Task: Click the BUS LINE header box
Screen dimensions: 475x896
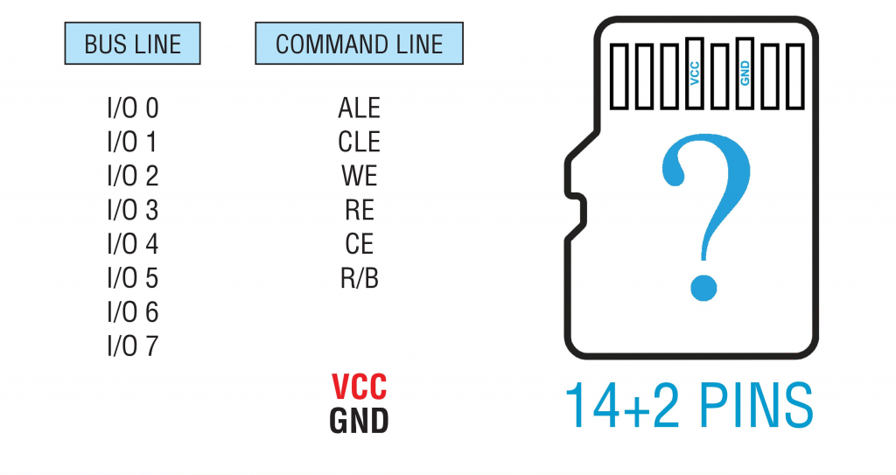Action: (133, 44)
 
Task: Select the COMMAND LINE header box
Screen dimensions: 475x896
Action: (359, 44)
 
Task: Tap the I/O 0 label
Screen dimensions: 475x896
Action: (133, 108)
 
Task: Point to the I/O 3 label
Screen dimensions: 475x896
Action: (133, 210)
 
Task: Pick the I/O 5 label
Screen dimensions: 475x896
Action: (133, 278)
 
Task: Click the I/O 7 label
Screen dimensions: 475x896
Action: (133, 346)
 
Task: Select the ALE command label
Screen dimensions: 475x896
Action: (359, 108)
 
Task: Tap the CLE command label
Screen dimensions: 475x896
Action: (359, 142)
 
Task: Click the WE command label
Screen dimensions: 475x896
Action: (359, 176)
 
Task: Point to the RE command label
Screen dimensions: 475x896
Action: (359, 210)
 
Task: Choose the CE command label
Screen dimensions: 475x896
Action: (359, 244)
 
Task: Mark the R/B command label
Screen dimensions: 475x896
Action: (359, 278)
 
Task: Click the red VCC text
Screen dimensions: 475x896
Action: (359, 387)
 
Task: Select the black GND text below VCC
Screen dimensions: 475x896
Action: (359, 421)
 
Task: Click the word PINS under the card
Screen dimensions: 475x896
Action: (749, 403)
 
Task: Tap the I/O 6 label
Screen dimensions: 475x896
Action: (133, 312)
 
